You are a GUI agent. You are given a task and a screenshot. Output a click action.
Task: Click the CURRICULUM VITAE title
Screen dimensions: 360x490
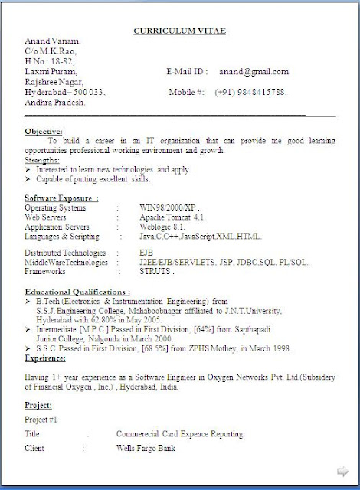point(180,31)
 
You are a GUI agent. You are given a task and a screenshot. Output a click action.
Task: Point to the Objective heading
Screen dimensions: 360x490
point(43,131)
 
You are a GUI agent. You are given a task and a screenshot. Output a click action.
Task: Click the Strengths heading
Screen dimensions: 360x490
point(41,160)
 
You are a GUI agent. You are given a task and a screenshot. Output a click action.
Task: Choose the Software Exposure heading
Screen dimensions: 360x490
point(61,198)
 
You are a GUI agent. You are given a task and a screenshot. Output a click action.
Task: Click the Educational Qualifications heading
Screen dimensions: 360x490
point(77,292)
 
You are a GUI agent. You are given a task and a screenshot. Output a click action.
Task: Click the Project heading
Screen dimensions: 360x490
point(38,404)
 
